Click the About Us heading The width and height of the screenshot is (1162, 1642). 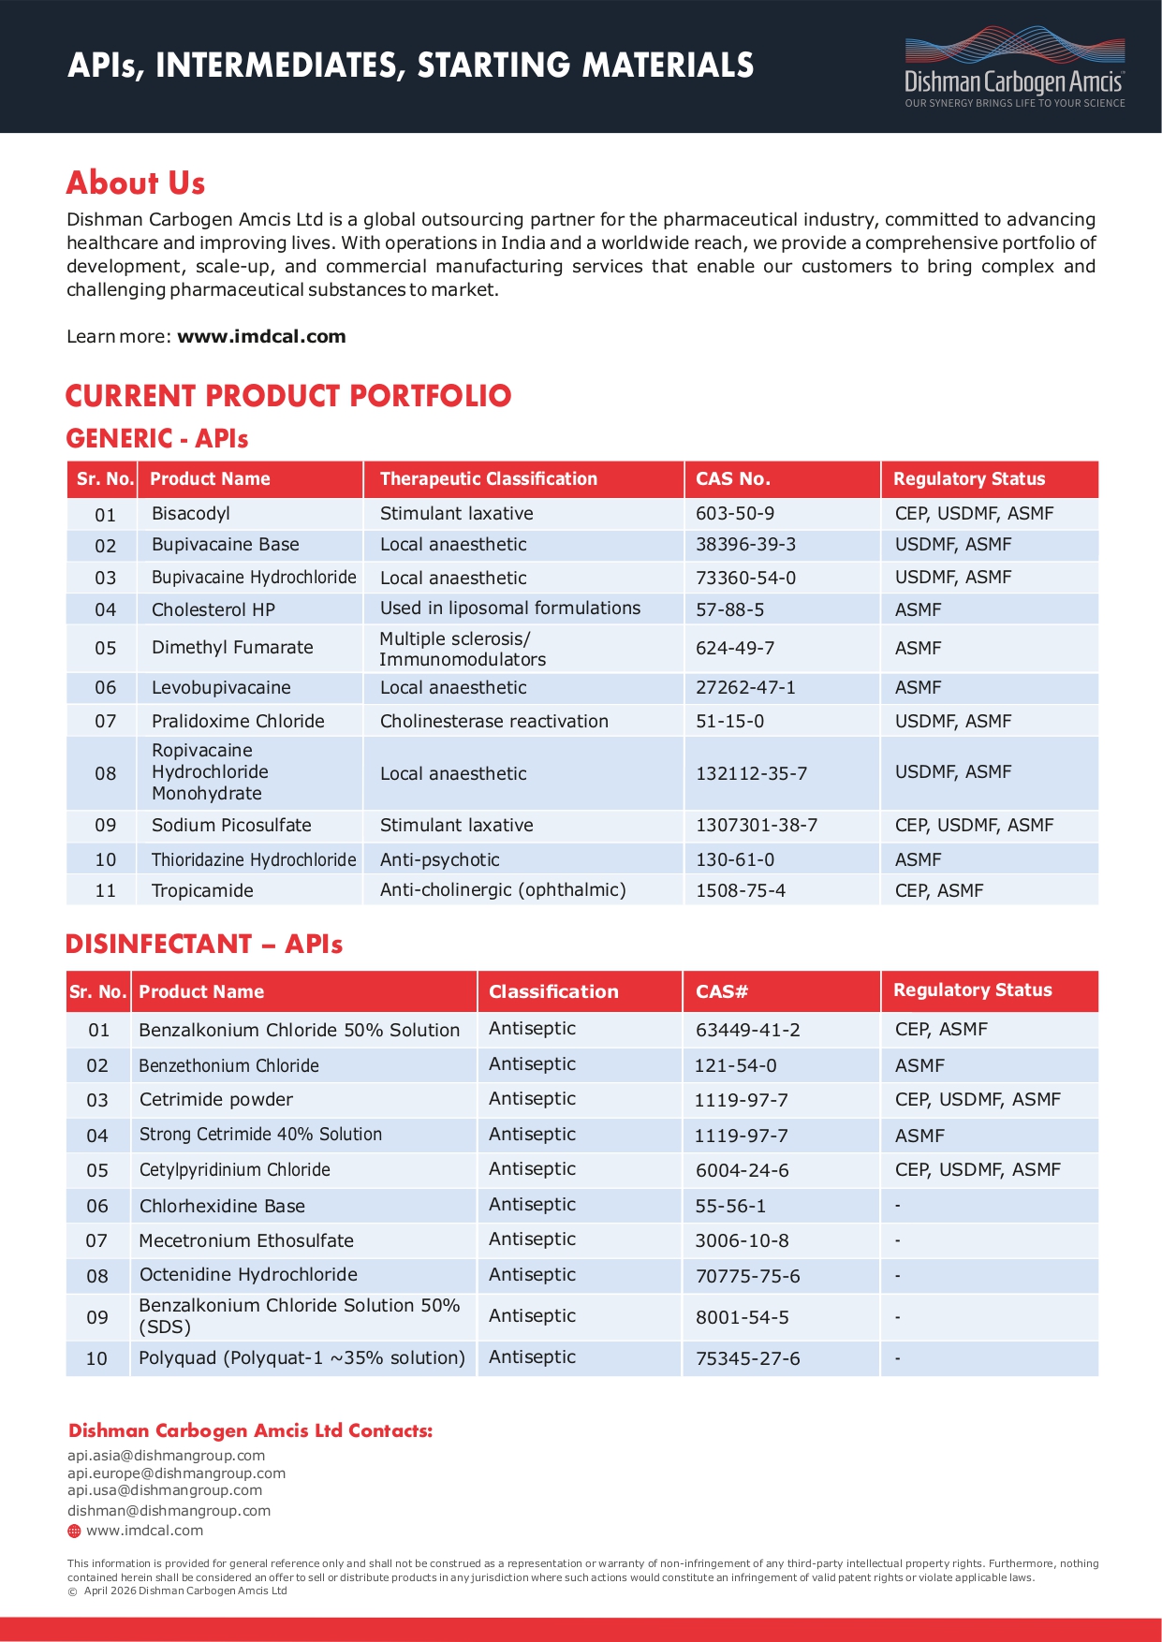(x=136, y=183)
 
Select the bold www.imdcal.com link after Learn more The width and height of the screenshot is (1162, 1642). (x=261, y=336)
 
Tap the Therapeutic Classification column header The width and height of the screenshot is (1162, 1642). (x=488, y=478)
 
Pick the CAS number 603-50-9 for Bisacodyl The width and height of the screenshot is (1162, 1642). (x=735, y=513)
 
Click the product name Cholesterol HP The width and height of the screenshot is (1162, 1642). (x=213, y=609)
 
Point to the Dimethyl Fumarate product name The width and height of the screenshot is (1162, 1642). (x=232, y=647)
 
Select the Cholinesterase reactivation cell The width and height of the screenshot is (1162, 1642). (x=493, y=721)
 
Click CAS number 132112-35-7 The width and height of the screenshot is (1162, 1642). (x=751, y=773)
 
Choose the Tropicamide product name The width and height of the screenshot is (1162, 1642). (x=202, y=890)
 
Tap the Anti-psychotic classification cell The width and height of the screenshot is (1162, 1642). (x=439, y=859)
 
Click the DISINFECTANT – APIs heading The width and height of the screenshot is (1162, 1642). (x=204, y=944)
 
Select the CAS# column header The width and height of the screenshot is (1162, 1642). (x=721, y=991)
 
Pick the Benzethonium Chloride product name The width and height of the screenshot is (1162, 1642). (x=228, y=1065)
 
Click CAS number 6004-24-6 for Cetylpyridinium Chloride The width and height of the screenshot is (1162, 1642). (x=742, y=1170)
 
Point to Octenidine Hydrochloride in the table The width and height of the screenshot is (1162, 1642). (x=248, y=1274)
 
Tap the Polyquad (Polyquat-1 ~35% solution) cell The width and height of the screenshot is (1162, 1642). (x=302, y=1357)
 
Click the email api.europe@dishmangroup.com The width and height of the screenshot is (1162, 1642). (x=176, y=1473)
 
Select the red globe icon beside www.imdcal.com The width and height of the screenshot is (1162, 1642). (x=74, y=1531)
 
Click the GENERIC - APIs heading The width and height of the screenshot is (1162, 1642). (x=156, y=438)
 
